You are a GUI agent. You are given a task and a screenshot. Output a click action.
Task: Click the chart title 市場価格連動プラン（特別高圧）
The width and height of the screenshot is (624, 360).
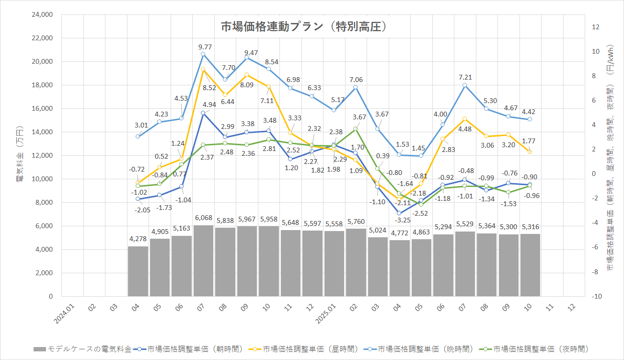click(x=304, y=27)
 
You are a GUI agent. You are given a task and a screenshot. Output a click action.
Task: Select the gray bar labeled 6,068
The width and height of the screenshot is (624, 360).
click(x=203, y=261)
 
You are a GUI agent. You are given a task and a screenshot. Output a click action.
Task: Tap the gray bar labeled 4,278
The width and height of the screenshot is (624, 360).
click(x=138, y=271)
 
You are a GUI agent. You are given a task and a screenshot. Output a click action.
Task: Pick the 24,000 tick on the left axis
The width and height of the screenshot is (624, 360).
click(x=42, y=15)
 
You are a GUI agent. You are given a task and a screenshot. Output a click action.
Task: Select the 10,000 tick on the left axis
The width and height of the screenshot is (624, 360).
click(x=42, y=179)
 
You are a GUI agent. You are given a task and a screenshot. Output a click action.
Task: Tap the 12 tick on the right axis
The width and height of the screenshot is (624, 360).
click(x=596, y=27)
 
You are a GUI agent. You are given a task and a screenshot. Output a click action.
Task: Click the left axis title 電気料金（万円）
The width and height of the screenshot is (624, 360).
click(x=19, y=156)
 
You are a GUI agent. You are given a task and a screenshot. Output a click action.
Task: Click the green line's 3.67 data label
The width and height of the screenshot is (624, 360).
click(x=359, y=117)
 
